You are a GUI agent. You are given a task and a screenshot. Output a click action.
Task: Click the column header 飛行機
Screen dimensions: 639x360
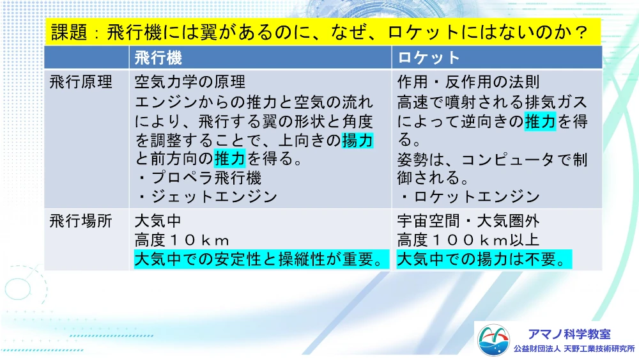pyautogui.click(x=158, y=58)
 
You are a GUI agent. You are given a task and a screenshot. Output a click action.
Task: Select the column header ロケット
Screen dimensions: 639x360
pyautogui.click(x=429, y=58)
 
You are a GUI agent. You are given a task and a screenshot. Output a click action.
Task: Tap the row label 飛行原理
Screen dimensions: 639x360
pyautogui.click(x=81, y=82)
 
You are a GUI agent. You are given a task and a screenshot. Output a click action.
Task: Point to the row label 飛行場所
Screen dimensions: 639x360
pyautogui.click(x=81, y=221)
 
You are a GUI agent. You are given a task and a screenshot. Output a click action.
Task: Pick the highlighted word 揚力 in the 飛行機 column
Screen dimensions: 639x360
pyautogui.click(x=357, y=140)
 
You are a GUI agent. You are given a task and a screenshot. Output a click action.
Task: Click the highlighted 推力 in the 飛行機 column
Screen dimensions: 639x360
pyautogui.click(x=230, y=159)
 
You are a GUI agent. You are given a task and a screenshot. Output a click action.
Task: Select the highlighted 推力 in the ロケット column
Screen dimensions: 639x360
pyautogui.click(x=540, y=121)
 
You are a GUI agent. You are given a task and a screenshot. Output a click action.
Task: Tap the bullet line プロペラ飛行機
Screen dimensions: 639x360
pyautogui.click(x=199, y=178)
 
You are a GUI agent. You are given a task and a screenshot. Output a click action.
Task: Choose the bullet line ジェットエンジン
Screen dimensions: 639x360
pyautogui.click(x=207, y=197)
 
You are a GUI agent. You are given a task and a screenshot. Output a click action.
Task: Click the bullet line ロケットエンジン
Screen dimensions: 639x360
pyautogui.click(x=470, y=197)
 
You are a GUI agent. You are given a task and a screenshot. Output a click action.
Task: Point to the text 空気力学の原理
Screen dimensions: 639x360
pyautogui.click(x=190, y=82)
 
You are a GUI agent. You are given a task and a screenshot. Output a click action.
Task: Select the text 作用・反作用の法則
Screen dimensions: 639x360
pyautogui.click(x=468, y=82)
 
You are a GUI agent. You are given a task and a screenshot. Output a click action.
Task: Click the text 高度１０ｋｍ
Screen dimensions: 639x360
pyautogui.click(x=182, y=240)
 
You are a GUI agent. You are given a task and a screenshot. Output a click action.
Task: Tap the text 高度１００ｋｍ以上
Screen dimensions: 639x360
pyautogui.click(x=468, y=240)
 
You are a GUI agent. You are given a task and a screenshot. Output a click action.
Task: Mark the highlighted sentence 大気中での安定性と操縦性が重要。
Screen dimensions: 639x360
pyautogui.click(x=261, y=260)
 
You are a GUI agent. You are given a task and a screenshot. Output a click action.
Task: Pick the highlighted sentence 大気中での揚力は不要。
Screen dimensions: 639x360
pyautogui.click(x=484, y=260)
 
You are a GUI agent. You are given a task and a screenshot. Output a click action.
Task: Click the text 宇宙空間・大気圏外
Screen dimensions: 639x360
pyautogui.click(x=468, y=221)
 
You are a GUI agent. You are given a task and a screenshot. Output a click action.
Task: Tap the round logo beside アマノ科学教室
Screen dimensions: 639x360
pyautogui.click(x=493, y=340)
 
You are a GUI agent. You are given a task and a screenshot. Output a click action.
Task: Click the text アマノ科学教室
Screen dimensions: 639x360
pyautogui.click(x=569, y=334)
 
